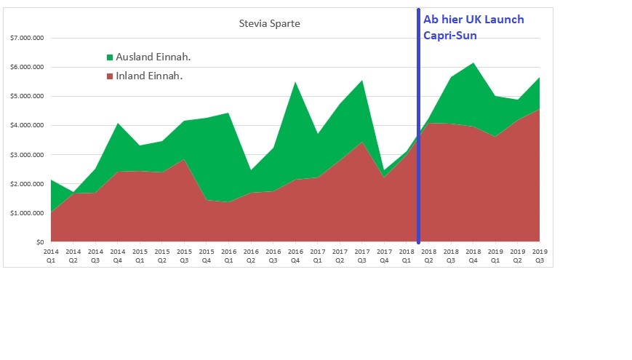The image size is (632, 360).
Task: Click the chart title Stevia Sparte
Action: [269, 23]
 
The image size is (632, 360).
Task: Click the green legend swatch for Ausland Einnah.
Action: [110, 57]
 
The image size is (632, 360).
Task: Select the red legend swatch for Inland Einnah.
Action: [110, 76]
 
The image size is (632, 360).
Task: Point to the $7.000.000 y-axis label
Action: [24, 38]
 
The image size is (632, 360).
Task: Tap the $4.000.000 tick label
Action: [24, 125]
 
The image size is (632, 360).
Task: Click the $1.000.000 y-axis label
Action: [24, 213]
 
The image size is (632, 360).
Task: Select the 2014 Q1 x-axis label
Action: [51, 255]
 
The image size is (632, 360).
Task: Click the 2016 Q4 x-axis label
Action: [295, 255]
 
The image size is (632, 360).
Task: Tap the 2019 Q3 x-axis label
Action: [540, 255]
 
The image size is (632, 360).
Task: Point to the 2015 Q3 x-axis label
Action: [184, 255]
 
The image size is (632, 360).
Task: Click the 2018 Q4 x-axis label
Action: [473, 255]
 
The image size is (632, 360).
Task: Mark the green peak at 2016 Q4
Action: [295, 83]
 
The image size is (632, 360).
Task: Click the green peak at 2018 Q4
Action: [473, 64]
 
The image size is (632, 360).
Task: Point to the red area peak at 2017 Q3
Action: [361, 143]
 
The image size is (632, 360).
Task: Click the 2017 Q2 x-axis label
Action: [340, 255]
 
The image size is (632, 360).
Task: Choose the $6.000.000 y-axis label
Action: [24, 67]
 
